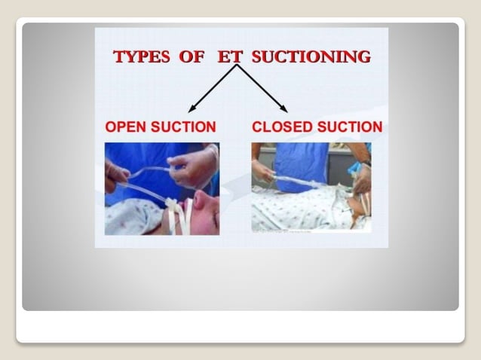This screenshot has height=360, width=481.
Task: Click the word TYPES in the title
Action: tap(141, 56)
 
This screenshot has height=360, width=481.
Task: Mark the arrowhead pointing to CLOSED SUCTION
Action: tap(283, 108)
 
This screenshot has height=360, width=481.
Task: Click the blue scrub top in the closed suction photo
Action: tap(301, 162)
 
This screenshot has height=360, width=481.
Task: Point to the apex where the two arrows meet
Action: tap(237, 66)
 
